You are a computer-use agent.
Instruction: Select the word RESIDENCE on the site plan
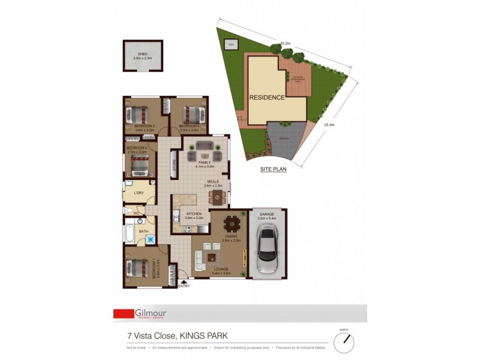[267, 98]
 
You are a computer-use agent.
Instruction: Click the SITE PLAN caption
[273, 169]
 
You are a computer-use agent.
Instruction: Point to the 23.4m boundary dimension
[328, 125]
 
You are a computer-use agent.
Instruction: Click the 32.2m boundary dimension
[285, 44]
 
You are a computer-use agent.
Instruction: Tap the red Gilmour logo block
[124, 313]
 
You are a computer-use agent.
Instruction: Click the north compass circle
[344, 343]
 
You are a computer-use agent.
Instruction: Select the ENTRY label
[184, 286]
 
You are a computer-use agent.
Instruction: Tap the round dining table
[231, 224]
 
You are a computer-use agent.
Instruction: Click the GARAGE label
[266, 214]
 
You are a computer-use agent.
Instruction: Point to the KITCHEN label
[193, 214]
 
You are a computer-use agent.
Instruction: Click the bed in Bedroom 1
[140, 266]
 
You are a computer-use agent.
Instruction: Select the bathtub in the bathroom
[129, 231]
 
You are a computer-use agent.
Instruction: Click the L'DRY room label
[139, 193]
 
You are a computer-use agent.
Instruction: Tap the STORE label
[174, 165]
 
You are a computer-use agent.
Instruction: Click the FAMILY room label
[205, 163]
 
